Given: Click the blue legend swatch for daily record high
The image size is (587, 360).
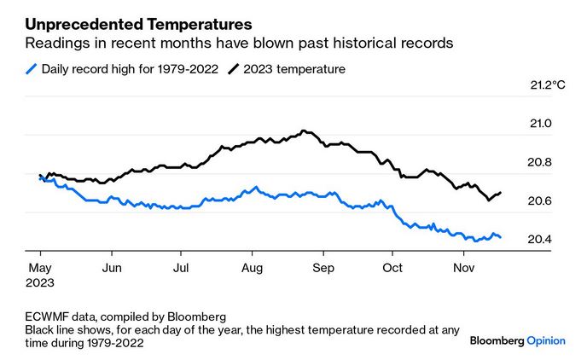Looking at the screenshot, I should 32,69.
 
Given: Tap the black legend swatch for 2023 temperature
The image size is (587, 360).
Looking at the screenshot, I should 232,69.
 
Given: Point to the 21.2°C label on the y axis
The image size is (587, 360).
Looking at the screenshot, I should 547,85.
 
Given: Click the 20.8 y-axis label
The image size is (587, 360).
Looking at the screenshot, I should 541,162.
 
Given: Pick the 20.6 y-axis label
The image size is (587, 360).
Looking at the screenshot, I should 541,200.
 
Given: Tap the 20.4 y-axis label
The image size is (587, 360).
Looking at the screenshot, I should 541,239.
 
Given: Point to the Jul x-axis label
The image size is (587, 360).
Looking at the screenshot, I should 181,268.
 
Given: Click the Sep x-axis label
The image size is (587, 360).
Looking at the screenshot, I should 322,268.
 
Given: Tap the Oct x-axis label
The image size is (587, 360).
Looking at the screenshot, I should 392,268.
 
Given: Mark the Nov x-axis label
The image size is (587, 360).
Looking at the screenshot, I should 462,268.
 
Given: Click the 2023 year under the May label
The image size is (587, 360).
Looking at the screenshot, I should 41,282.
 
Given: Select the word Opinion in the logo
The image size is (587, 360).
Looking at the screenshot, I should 546,340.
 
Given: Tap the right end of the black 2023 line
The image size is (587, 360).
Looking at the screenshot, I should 500,193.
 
